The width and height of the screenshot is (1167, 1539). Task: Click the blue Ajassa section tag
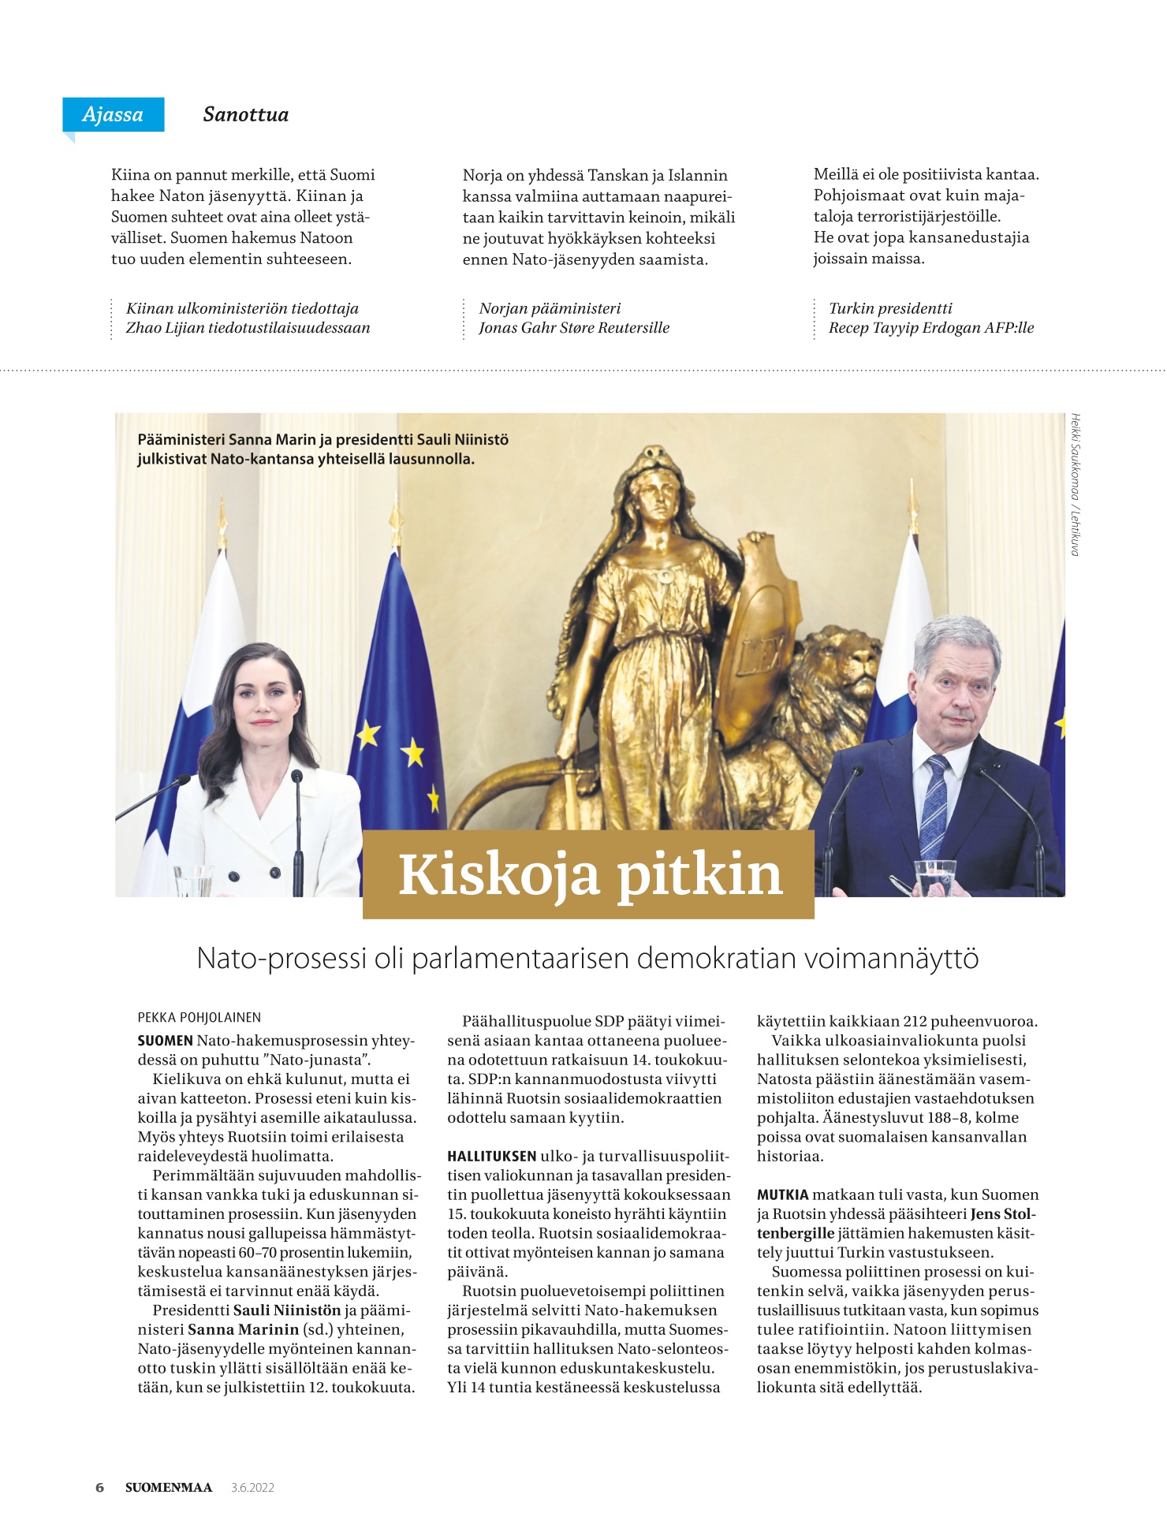(113, 114)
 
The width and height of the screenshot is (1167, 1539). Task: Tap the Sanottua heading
(245, 114)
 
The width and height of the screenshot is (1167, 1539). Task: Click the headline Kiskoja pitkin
(589, 874)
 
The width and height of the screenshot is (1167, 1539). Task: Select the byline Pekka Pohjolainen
(199, 1018)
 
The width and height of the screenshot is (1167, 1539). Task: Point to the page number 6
(99, 1488)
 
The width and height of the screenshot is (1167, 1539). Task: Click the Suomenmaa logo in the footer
(169, 1488)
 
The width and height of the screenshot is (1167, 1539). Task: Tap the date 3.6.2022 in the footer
(252, 1488)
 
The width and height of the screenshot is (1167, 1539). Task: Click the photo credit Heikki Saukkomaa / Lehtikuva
(1075, 484)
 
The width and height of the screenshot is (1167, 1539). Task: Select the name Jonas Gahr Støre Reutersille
(573, 328)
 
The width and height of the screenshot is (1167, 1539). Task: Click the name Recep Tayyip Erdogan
(904, 328)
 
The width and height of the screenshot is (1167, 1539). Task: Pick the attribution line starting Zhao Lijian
(248, 328)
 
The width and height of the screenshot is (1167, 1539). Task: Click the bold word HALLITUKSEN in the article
(491, 1157)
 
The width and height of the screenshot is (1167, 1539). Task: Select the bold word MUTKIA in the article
(782, 1195)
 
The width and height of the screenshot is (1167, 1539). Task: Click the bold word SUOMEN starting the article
(165, 1041)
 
